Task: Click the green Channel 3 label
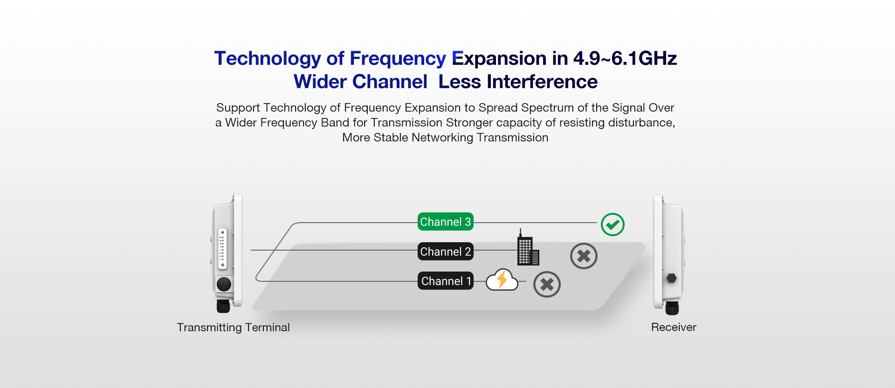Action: tap(445, 222)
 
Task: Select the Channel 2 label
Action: tap(445, 252)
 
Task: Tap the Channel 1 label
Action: tap(445, 281)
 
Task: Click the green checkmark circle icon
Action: tap(613, 225)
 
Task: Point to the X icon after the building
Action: tap(584, 256)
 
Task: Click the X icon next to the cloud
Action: tap(547, 284)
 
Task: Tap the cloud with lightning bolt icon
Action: tap(502, 279)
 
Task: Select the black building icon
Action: tap(528, 248)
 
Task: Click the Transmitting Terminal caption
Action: tap(233, 327)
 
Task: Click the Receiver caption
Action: tap(674, 327)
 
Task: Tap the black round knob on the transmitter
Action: tap(224, 284)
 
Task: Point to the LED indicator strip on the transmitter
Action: tap(222, 249)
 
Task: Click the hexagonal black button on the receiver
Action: tap(671, 278)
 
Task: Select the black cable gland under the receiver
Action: tap(672, 308)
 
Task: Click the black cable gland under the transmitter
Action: tap(223, 306)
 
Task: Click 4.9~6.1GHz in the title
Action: tap(625, 59)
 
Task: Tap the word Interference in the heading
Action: tap(542, 82)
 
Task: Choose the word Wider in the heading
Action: tap(320, 82)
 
